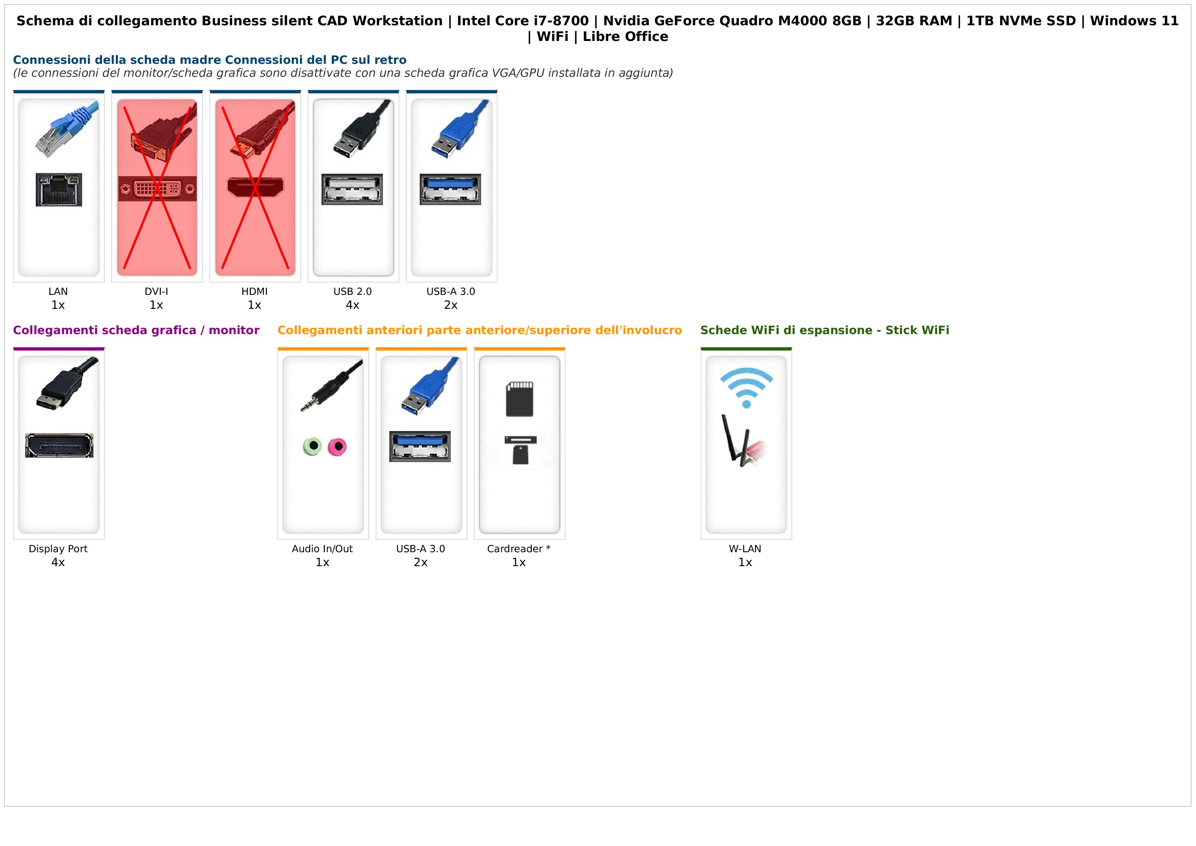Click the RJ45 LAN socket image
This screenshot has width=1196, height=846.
(x=59, y=190)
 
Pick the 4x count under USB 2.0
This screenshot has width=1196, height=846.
(x=353, y=305)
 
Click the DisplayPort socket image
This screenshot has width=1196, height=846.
(x=59, y=446)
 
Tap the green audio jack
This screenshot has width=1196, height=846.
(x=313, y=446)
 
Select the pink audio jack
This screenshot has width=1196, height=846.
(x=337, y=446)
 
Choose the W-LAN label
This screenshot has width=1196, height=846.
(x=745, y=549)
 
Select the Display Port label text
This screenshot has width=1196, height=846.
(x=58, y=549)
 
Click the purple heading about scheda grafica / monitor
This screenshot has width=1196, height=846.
(x=136, y=330)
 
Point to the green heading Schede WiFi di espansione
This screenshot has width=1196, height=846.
(x=825, y=330)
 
